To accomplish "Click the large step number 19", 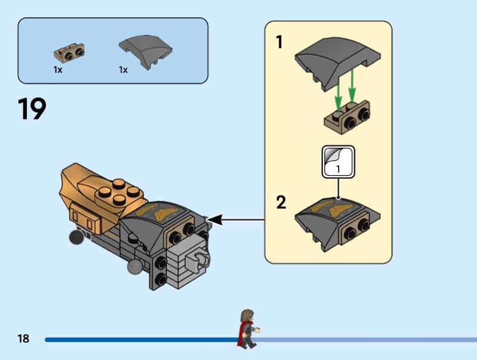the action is tap(32, 108).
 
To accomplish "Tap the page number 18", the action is tap(23, 339).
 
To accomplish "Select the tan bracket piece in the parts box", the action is tap(69, 53).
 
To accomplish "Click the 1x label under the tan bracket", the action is tap(58, 70).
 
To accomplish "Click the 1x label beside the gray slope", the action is tap(123, 70).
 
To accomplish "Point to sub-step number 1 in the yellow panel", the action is tap(279, 42).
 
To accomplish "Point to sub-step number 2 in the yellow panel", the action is tap(281, 203).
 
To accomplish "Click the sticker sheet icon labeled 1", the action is tap(338, 162).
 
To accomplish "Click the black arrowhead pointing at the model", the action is tap(215, 219).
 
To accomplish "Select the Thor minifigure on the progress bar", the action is tap(249, 329).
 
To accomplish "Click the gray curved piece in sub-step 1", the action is tap(337, 63).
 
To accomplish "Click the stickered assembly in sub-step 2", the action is tap(337, 224).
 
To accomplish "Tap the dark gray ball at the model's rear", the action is tap(76, 237).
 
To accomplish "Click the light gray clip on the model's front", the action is tap(197, 260).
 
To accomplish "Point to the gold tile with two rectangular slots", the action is tap(85, 218).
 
